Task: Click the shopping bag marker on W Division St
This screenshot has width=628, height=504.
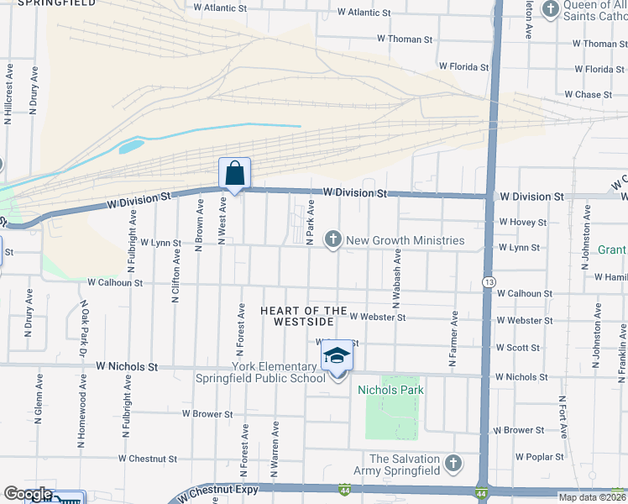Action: pos(235,174)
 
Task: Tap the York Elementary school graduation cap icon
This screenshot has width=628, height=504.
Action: pos(337,356)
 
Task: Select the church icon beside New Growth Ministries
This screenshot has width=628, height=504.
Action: pos(332,240)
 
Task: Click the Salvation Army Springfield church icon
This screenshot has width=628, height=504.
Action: pos(453,463)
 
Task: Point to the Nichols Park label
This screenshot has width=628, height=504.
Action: pos(390,390)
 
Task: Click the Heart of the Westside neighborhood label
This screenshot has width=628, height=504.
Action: pos(303,317)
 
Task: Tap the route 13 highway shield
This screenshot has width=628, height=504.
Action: pos(488,281)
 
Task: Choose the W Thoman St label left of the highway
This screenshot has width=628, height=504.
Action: pos(404,39)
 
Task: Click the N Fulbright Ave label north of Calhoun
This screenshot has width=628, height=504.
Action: pos(133,240)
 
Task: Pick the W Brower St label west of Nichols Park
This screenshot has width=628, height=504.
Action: pos(207,414)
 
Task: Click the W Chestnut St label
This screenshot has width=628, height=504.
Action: pos(148,459)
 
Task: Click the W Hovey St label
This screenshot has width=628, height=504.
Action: pos(522,223)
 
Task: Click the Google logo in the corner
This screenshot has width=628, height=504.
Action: pos(29,495)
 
